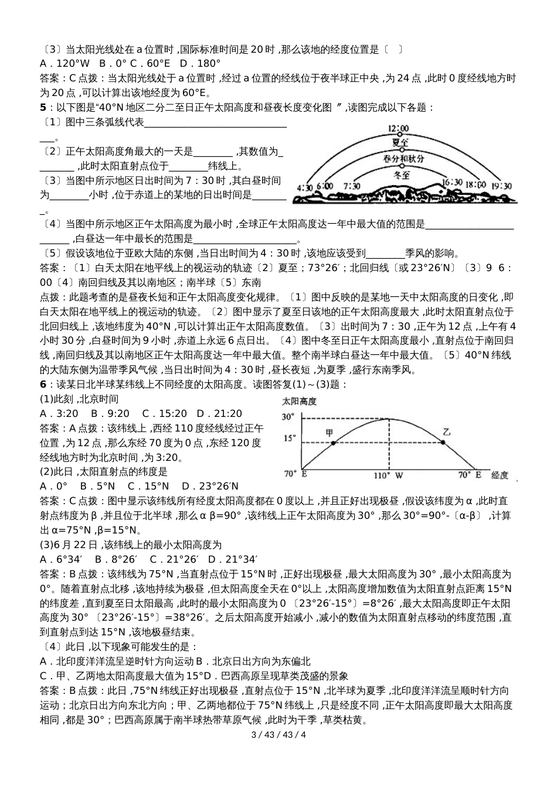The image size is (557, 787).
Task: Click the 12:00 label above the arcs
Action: tap(398, 129)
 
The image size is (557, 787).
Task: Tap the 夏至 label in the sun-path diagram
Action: tap(400, 142)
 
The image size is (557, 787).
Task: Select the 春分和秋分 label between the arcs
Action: tap(404, 159)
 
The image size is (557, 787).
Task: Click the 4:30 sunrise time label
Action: tap(305, 187)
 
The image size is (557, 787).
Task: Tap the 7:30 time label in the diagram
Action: tap(352, 186)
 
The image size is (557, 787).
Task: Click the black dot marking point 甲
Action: tap(333, 443)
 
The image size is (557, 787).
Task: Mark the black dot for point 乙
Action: tap(443, 443)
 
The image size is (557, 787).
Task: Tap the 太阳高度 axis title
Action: tap(299, 402)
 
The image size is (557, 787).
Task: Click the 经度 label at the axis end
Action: tap(500, 475)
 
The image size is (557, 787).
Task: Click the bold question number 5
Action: tap(42, 107)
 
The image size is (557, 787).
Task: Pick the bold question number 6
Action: tap(42, 384)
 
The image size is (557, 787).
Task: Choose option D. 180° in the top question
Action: tap(200, 63)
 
